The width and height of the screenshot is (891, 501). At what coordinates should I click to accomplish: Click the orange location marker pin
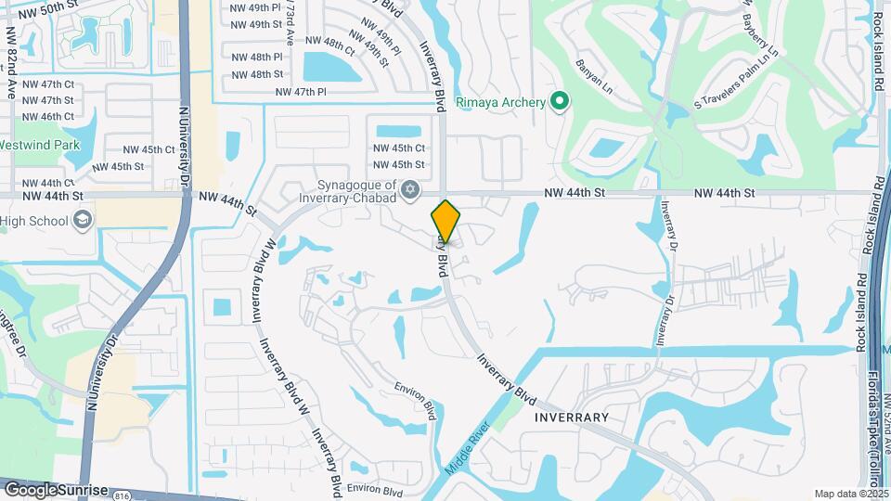pyautogui.click(x=446, y=222)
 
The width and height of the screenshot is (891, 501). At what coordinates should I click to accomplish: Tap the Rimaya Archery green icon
pyautogui.click(x=559, y=101)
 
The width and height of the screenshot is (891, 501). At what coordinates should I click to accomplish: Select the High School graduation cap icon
pyautogui.click(x=82, y=220)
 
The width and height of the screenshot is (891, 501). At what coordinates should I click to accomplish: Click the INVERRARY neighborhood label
pyautogui.click(x=572, y=417)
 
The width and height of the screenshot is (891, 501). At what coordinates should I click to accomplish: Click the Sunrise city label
pyautogui.click(x=84, y=489)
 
